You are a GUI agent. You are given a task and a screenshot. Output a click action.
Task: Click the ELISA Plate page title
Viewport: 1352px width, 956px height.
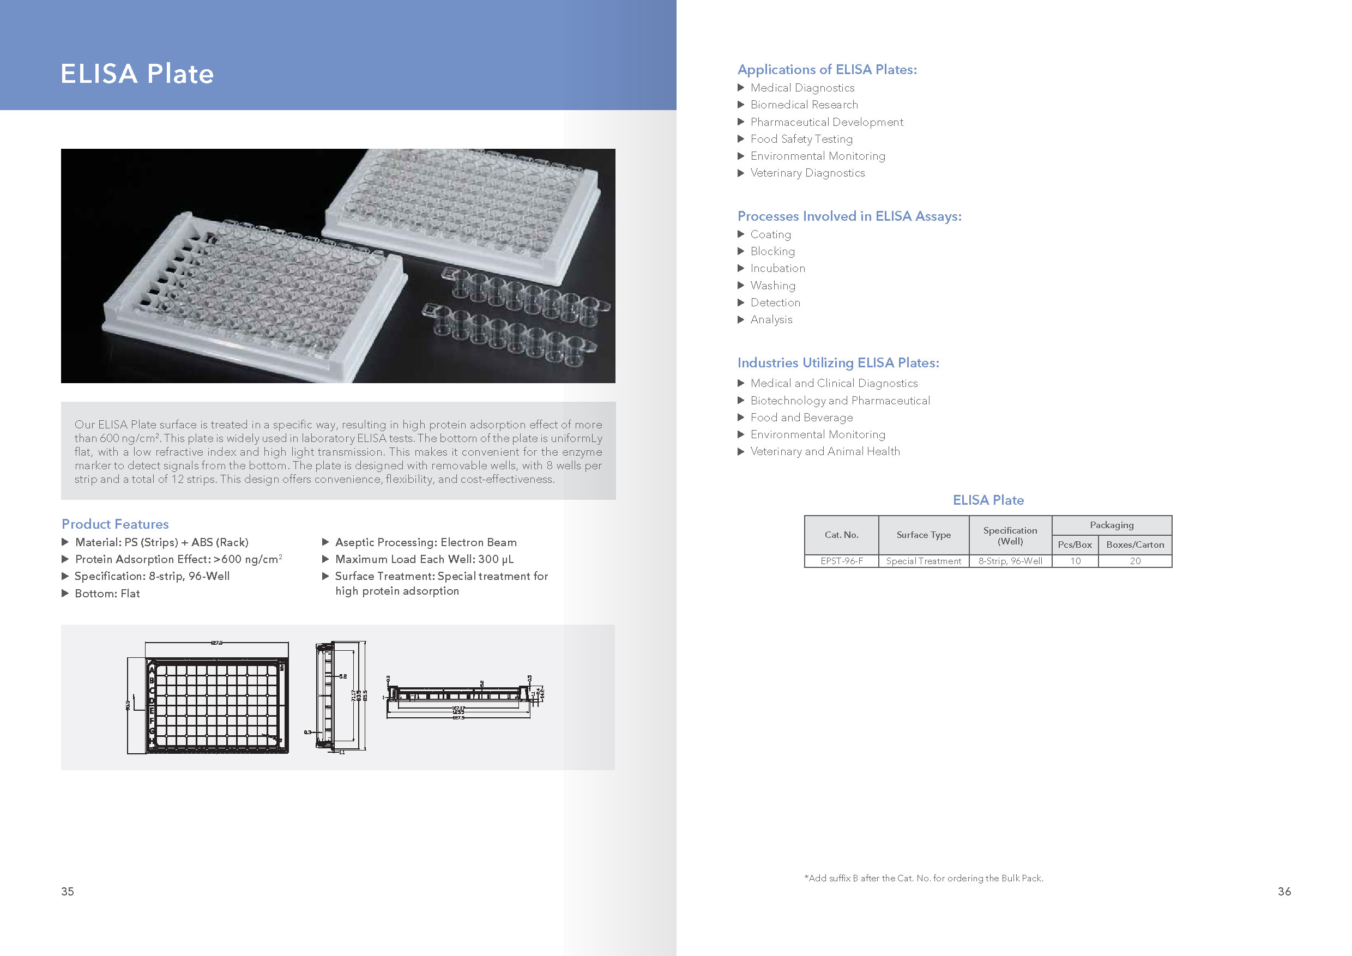click(137, 74)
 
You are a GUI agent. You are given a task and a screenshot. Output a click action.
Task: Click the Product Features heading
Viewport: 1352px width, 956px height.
click(115, 524)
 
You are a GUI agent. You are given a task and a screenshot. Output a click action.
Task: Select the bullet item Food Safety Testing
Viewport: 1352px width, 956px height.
click(801, 139)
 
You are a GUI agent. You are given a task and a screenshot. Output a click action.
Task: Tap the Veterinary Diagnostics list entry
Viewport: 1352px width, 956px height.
click(807, 173)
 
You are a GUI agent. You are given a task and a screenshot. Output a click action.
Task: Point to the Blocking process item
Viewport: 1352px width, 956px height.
click(772, 251)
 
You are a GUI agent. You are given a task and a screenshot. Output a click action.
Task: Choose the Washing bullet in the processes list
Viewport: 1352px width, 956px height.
click(772, 286)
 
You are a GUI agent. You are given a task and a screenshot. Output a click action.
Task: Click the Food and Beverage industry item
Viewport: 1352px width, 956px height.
click(801, 418)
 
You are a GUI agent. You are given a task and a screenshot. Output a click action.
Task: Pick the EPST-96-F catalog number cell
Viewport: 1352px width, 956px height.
click(842, 561)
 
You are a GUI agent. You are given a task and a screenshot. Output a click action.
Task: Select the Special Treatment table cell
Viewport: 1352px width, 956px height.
click(924, 561)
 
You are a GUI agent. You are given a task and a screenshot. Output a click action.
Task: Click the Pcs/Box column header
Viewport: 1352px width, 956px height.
click(1075, 544)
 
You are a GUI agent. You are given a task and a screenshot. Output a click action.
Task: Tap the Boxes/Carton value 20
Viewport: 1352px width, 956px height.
click(1134, 561)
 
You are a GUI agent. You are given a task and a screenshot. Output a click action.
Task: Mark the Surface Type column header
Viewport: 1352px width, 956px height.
click(924, 535)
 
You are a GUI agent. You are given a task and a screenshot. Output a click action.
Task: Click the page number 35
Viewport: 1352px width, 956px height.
click(68, 891)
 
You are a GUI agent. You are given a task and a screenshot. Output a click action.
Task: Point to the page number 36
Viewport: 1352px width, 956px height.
click(1284, 891)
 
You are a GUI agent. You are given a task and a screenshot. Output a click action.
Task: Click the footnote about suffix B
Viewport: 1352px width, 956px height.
click(924, 878)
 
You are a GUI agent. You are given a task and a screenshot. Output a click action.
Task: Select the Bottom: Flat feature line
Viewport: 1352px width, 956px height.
click(107, 594)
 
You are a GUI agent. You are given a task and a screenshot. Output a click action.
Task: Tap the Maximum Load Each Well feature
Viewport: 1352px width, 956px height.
click(424, 559)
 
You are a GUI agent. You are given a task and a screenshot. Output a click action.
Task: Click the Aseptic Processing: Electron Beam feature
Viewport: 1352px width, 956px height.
click(425, 542)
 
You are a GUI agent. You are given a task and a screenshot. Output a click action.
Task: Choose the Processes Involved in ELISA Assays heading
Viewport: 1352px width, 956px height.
click(849, 216)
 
